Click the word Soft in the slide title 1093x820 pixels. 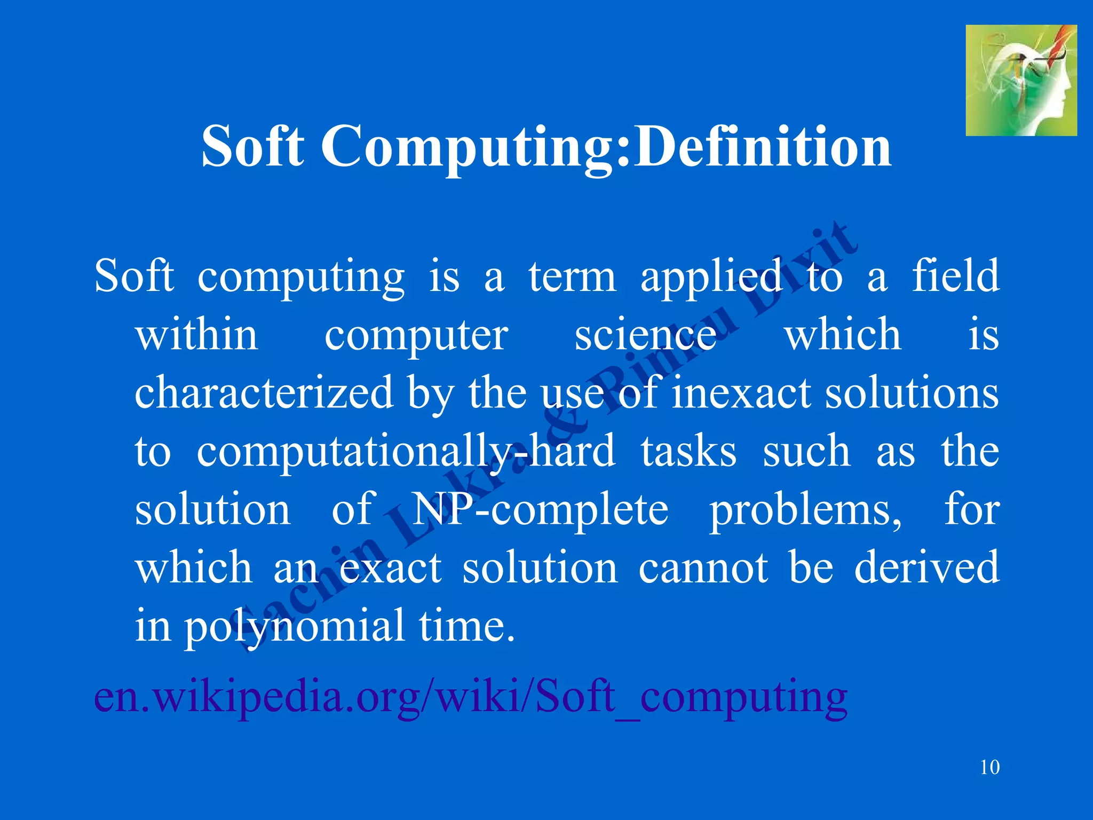[252, 146]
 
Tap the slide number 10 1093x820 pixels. [990, 767]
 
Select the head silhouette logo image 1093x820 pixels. [1021, 80]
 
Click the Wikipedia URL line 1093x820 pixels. [471, 697]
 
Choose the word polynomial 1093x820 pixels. [294, 626]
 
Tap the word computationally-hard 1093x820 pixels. [406, 452]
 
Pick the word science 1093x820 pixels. [645, 335]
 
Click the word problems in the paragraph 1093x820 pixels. [805, 510]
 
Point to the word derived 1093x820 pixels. [926, 567]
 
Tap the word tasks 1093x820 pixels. [688, 451]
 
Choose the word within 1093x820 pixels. [197, 335]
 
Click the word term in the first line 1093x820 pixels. [572, 277]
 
